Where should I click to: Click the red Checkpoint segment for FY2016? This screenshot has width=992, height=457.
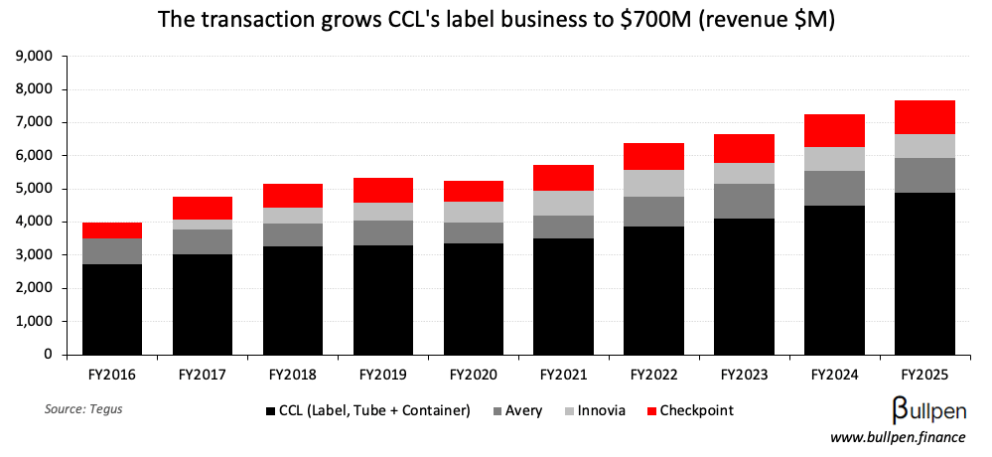(x=112, y=229)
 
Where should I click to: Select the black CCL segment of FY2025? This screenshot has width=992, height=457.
(x=925, y=273)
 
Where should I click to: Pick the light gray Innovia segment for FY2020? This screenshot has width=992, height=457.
(x=474, y=212)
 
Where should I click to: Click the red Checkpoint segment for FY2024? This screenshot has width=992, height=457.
(x=835, y=130)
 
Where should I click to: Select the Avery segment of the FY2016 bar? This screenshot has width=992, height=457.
(x=112, y=251)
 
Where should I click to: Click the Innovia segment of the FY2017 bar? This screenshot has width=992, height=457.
(x=203, y=225)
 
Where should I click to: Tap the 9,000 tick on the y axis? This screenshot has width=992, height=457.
(x=36, y=57)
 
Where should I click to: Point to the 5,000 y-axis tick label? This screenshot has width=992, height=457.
(x=36, y=189)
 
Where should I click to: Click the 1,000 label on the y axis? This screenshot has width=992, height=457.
(x=36, y=321)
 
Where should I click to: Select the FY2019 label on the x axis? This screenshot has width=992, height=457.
(x=383, y=376)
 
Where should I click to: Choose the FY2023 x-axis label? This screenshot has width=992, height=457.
(x=745, y=376)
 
